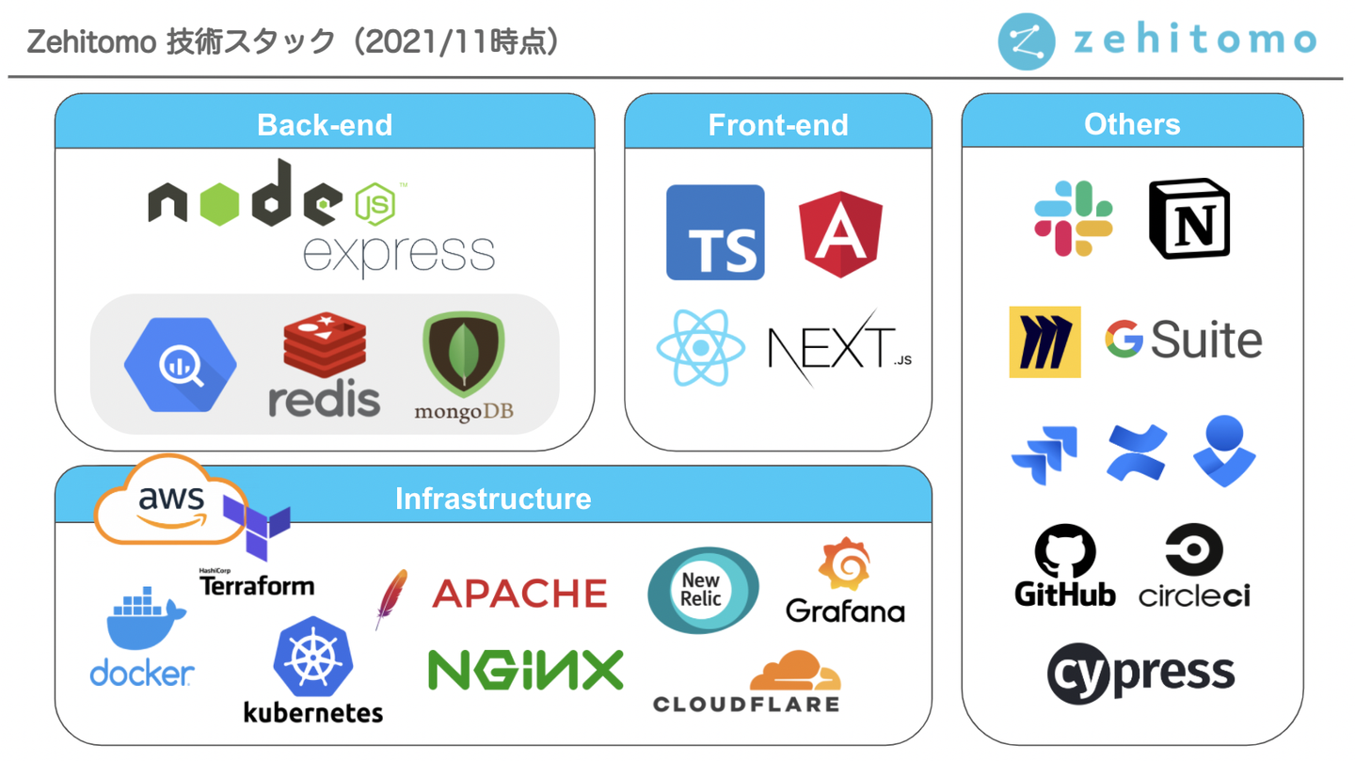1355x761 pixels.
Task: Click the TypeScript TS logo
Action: click(x=715, y=232)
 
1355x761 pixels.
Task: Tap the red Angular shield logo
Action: click(x=840, y=234)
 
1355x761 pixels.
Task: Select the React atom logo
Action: click(x=700, y=347)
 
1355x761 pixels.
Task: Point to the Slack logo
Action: click(x=1073, y=218)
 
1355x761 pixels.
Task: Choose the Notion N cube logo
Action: click(x=1189, y=218)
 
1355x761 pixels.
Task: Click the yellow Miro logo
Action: click(x=1044, y=341)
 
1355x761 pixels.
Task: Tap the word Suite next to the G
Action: click(x=1206, y=340)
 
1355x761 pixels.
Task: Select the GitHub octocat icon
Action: click(x=1064, y=551)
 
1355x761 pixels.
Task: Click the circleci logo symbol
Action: click(x=1194, y=549)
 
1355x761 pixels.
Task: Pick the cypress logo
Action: click(x=1140, y=674)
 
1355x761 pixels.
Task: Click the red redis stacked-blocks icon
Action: click(x=325, y=344)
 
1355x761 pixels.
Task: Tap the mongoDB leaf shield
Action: click(x=463, y=354)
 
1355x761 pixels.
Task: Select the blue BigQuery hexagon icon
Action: click(x=181, y=365)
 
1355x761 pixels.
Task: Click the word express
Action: click(x=399, y=255)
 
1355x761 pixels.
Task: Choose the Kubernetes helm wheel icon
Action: click(x=312, y=657)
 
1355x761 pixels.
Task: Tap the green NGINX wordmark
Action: click(x=525, y=670)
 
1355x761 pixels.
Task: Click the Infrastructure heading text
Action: click(x=493, y=499)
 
